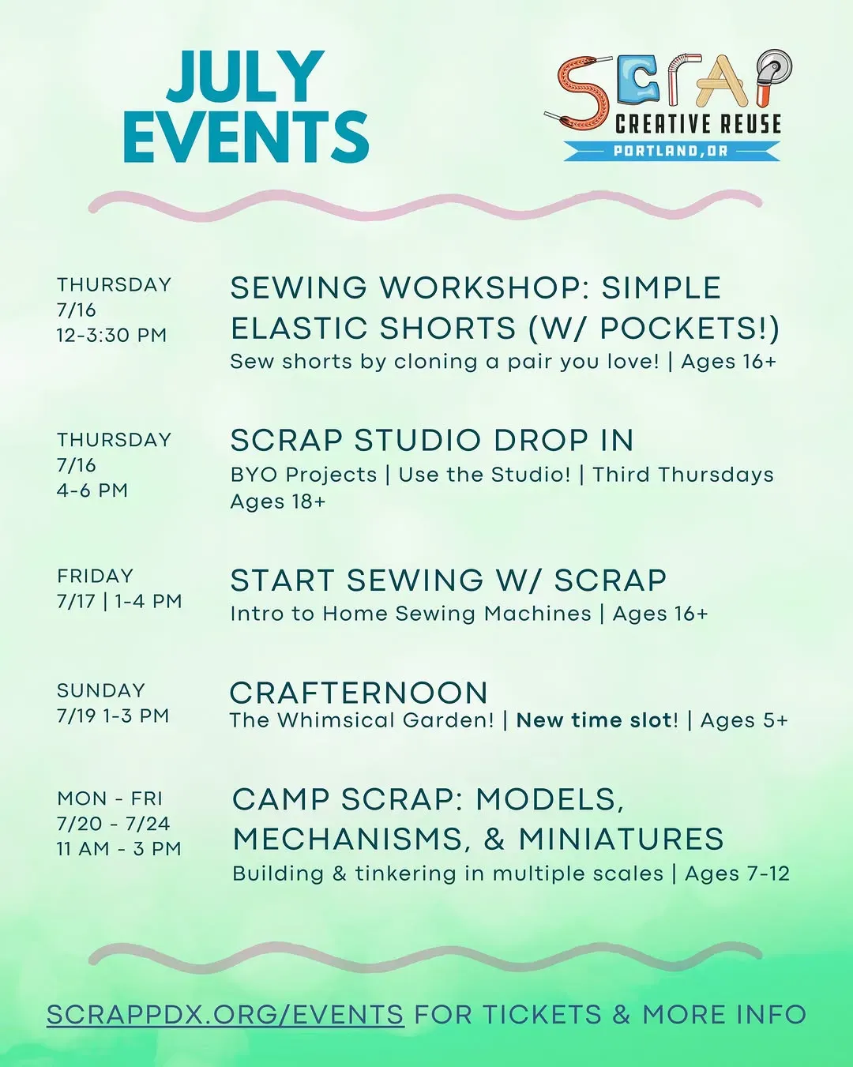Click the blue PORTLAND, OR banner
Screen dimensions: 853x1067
click(x=671, y=151)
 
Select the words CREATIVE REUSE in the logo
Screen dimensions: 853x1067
click(x=697, y=124)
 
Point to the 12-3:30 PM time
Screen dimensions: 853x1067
click(x=111, y=335)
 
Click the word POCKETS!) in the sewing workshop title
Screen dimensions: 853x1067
click(x=690, y=329)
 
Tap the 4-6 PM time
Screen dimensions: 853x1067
click(x=92, y=490)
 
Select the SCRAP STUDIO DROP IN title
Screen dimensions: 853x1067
click(x=432, y=440)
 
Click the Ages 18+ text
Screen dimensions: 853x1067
click(x=278, y=502)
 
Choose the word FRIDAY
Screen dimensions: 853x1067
click(x=96, y=576)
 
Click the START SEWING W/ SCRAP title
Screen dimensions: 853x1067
click(x=449, y=580)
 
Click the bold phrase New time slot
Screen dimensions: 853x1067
click(x=594, y=720)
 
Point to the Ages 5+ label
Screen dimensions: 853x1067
click(x=744, y=720)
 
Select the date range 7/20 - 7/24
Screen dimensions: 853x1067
click(x=114, y=824)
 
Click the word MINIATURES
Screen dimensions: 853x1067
click(x=622, y=839)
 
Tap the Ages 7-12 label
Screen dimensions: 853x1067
click(x=737, y=874)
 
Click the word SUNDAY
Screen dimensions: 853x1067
click(x=100, y=690)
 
